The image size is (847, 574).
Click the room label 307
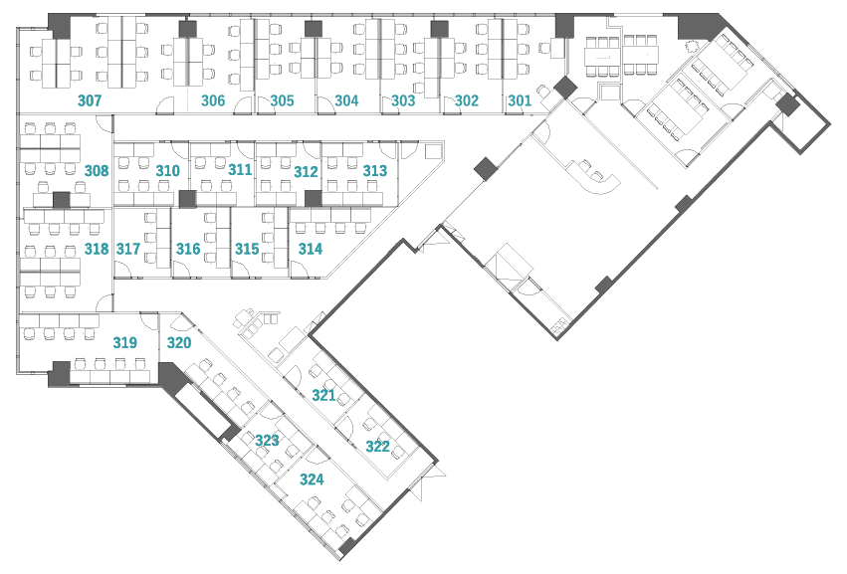(x=90, y=100)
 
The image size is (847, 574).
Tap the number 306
(x=213, y=100)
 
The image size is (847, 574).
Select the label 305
(x=282, y=100)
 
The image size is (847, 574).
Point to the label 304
(x=346, y=100)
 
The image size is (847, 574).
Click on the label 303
(x=403, y=100)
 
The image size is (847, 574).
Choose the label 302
(x=467, y=100)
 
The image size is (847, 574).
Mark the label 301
(x=520, y=100)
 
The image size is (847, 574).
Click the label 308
(x=97, y=171)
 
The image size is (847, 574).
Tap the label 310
(x=167, y=171)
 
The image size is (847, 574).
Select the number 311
(x=240, y=170)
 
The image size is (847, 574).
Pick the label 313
(x=374, y=171)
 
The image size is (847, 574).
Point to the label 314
(x=310, y=249)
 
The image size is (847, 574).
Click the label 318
(x=97, y=249)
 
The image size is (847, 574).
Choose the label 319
(x=124, y=342)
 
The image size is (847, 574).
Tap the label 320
(x=179, y=342)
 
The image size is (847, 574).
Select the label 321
(x=323, y=395)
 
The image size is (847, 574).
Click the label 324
(x=312, y=479)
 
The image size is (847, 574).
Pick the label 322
(x=377, y=447)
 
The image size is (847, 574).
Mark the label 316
(x=188, y=249)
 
